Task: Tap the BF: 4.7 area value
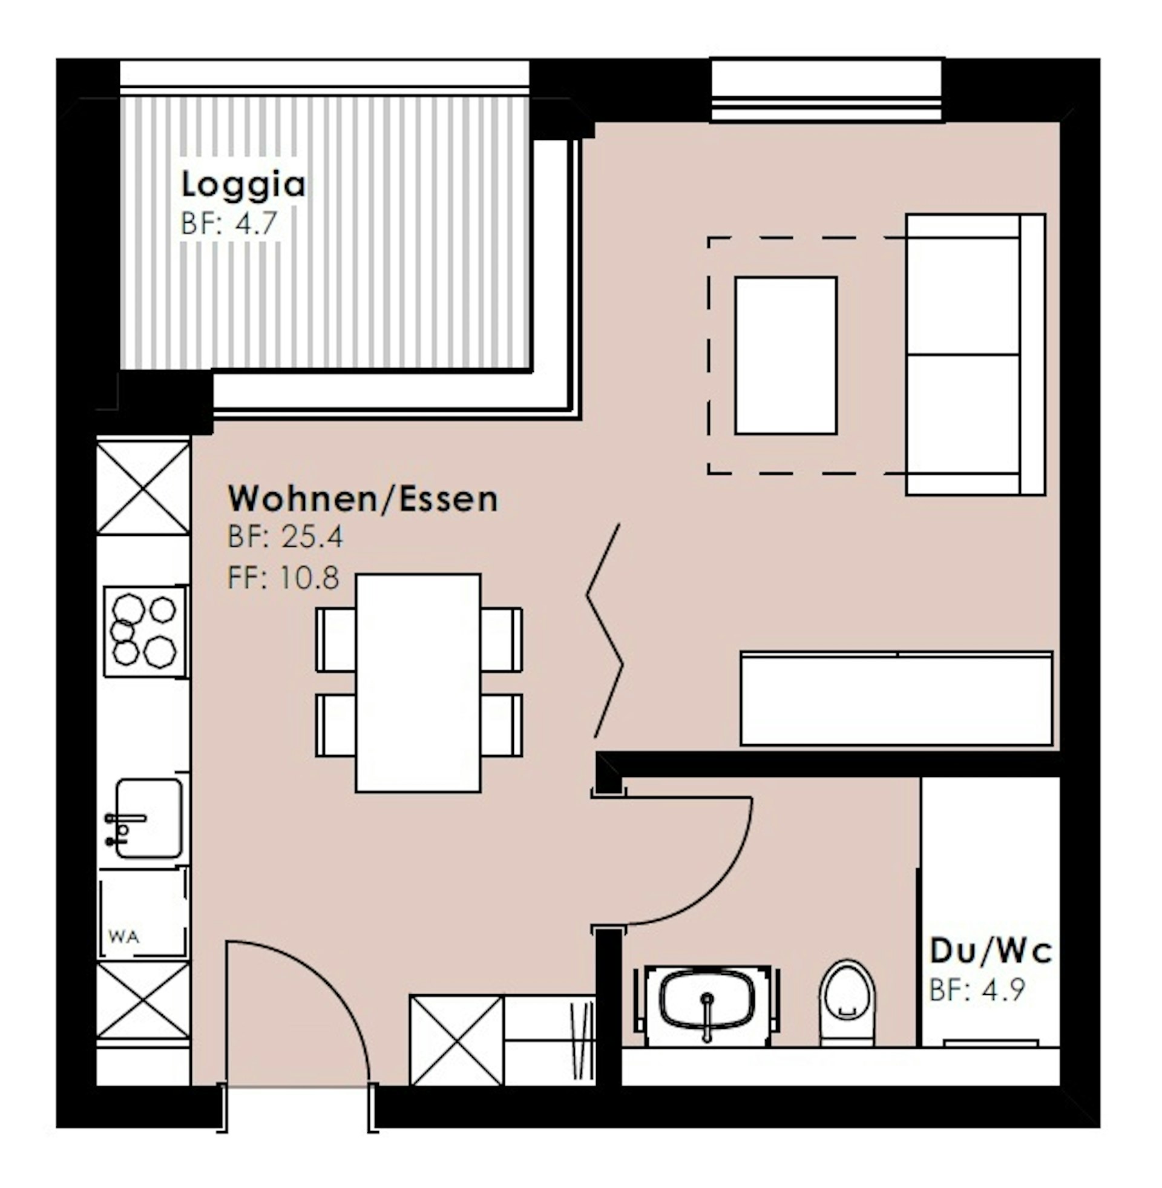click(x=229, y=223)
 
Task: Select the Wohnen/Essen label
click(x=363, y=499)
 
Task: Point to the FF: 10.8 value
click(x=283, y=577)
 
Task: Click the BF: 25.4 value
click(x=286, y=537)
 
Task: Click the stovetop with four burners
click(x=145, y=632)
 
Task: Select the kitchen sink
click(x=146, y=818)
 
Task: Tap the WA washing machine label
click(x=123, y=936)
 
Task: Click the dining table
click(x=419, y=682)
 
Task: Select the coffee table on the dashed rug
click(x=786, y=356)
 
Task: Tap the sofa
click(x=976, y=354)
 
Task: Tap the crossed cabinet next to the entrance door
click(x=457, y=1040)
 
